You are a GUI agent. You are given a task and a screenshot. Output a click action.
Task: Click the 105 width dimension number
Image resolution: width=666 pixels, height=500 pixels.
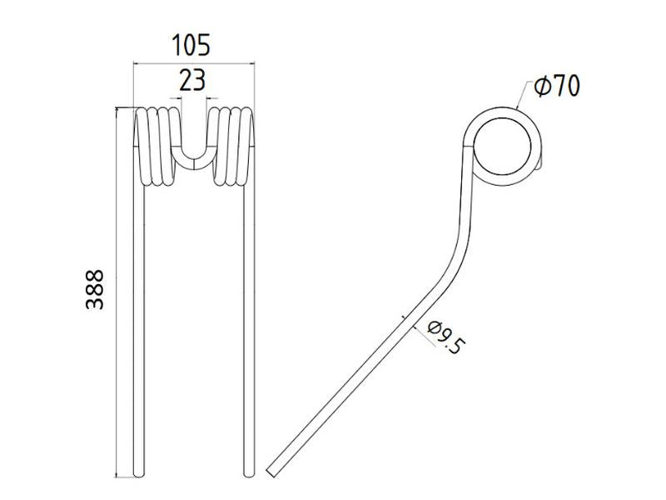point(191,44)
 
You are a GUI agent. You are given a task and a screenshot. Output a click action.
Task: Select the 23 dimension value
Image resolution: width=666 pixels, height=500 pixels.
point(191,81)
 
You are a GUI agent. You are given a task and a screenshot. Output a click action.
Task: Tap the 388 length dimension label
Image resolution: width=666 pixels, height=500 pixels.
point(97,289)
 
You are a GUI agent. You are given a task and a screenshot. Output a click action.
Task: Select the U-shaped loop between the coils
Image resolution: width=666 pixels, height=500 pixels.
point(192,154)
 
